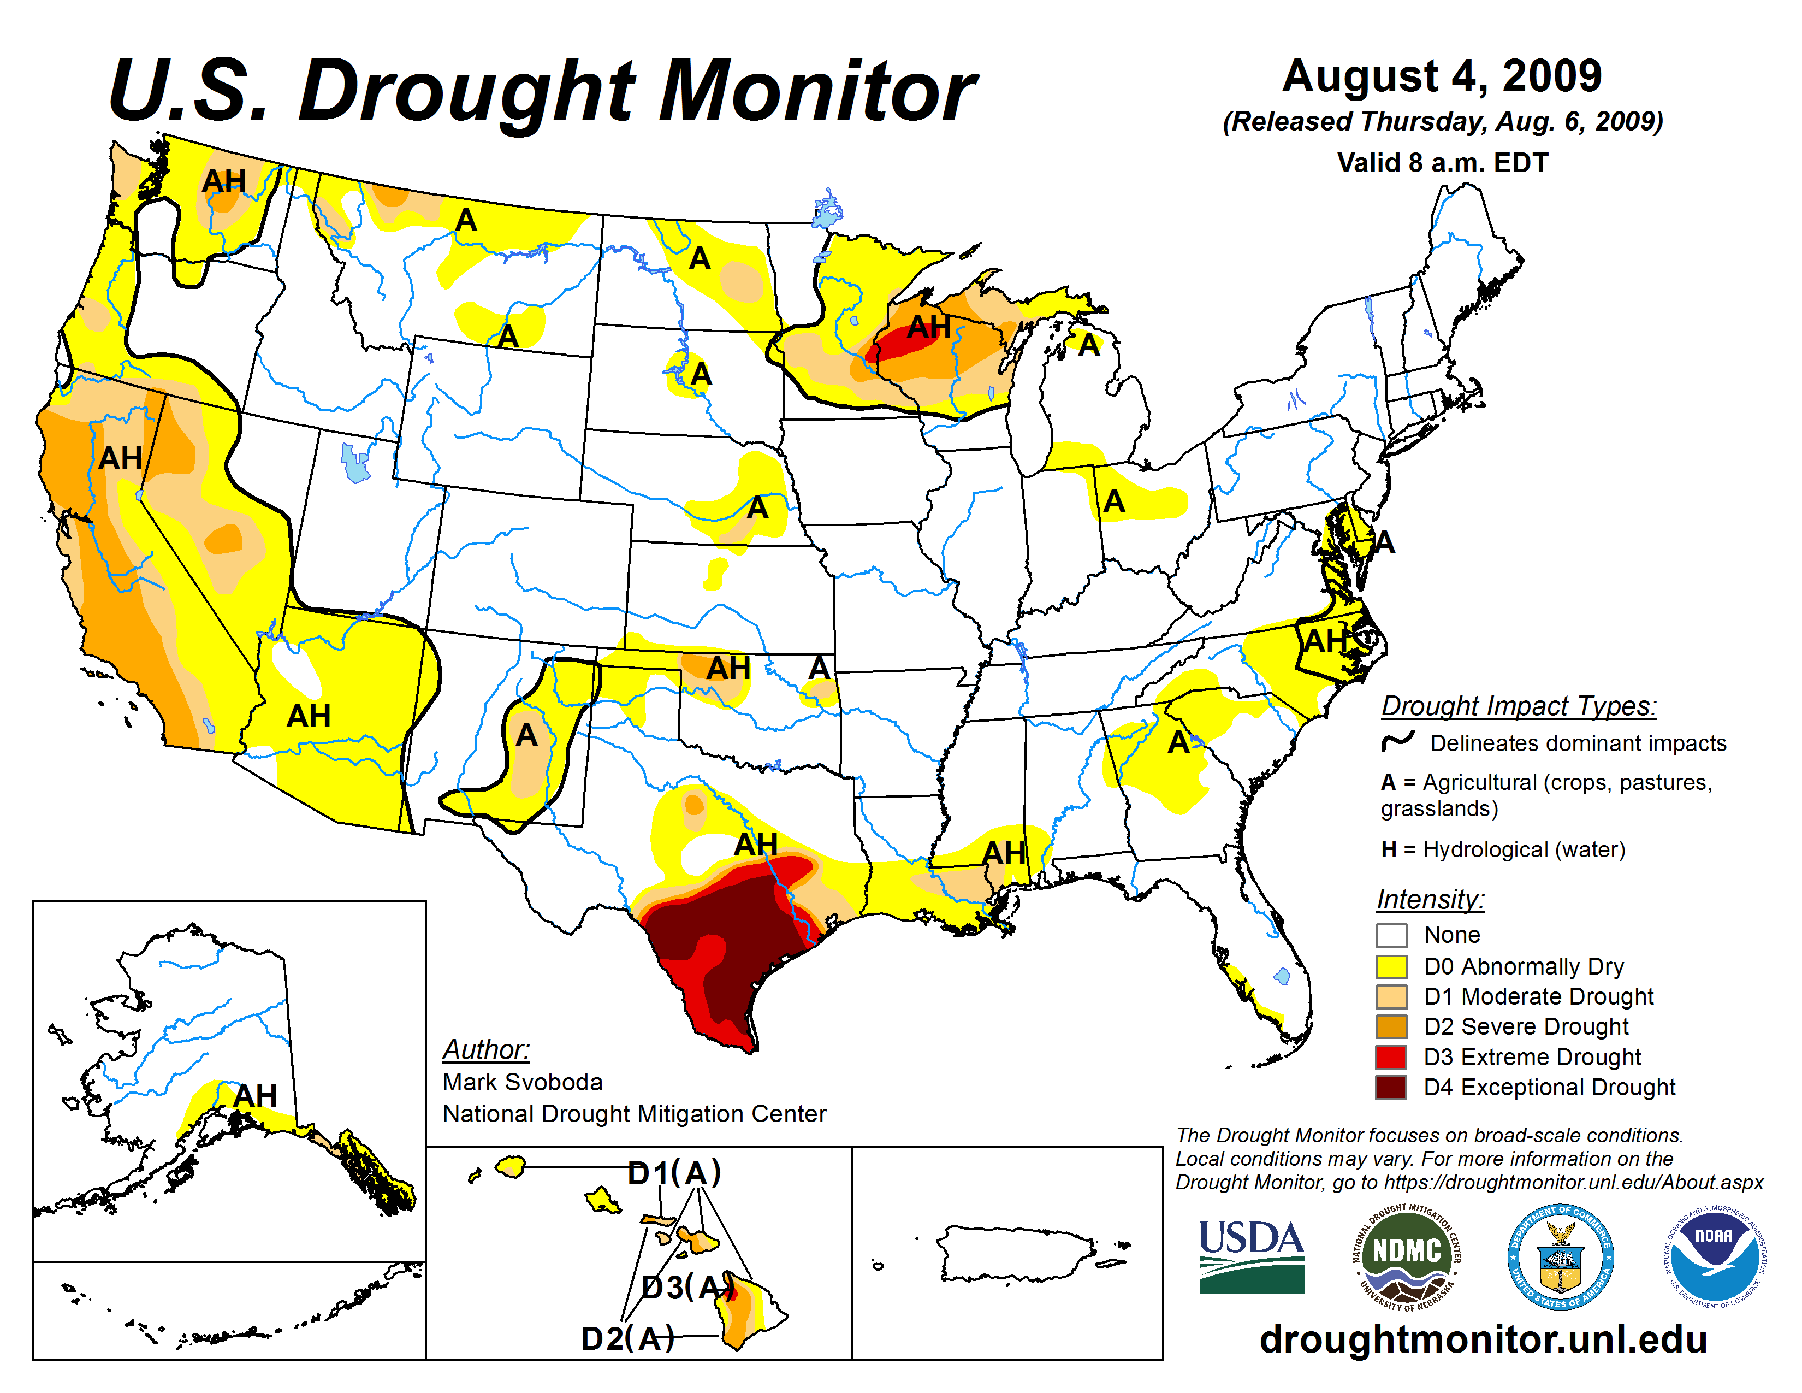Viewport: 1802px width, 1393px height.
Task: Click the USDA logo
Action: tap(1251, 1256)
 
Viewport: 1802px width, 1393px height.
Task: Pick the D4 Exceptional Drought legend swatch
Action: tap(1391, 1088)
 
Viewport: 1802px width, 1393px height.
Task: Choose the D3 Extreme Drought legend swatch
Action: tap(1391, 1057)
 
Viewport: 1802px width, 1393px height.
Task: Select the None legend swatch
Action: tap(1391, 936)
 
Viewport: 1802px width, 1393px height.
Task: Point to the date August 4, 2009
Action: tap(1442, 76)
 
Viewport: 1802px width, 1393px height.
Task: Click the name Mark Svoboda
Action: tap(522, 1082)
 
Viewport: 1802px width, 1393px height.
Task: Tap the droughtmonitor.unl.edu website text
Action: tap(1483, 1338)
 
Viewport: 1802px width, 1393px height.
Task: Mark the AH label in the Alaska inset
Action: tap(255, 1096)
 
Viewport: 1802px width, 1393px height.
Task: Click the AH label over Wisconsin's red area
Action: tap(929, 328)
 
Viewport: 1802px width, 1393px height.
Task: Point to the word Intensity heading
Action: tap(1430, 899)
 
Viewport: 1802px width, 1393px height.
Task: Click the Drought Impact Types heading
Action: tap(1518, 706)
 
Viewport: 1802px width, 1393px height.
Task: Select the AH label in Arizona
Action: tap(309, 716)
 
